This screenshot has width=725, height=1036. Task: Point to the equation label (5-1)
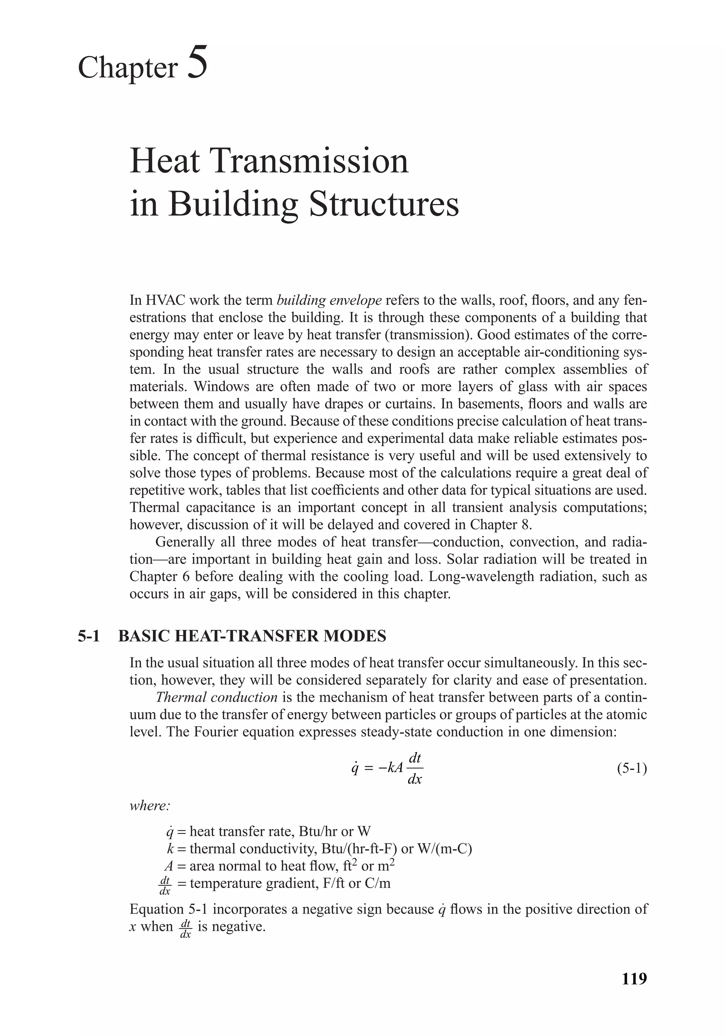click(x=632, y=768)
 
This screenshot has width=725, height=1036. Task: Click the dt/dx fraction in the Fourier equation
click(x=414, y=768)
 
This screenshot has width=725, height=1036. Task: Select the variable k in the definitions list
click(x=170, y=849)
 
